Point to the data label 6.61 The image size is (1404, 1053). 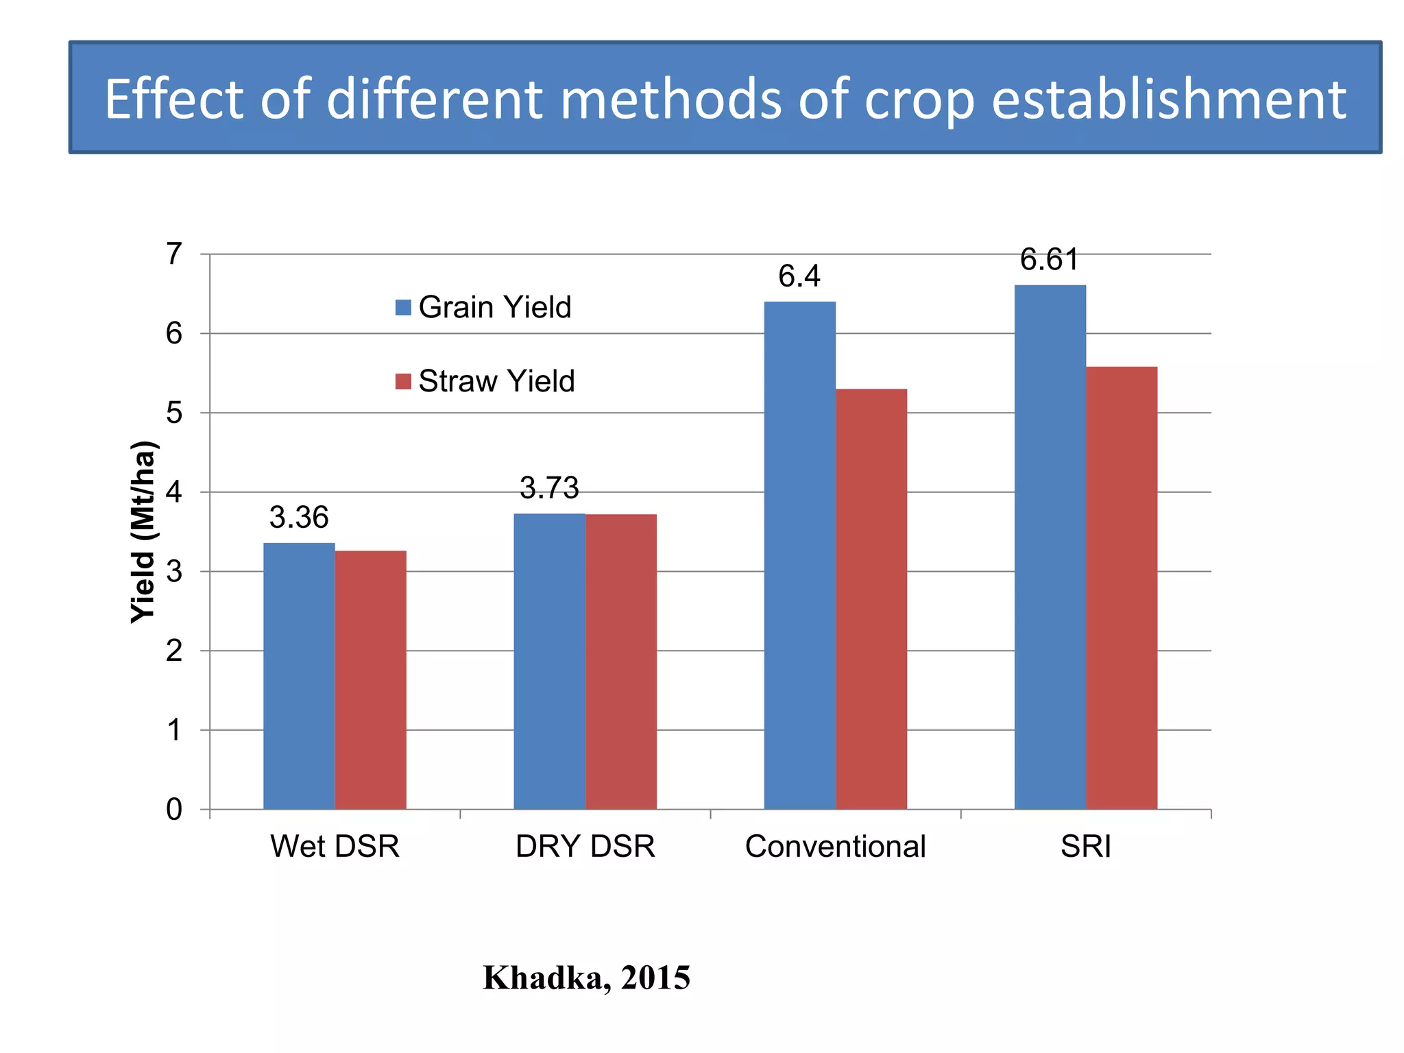pyautogui.click(x=1049, y=260)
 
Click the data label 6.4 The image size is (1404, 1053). pyautogui.click(x=799, y=276)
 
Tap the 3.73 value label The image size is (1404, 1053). pyautogui.click(x=549, y=488)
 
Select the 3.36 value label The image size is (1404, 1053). pyautogui.click(x=299, y=518)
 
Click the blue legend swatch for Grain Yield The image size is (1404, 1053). pyautogui.click(x=403, y=307)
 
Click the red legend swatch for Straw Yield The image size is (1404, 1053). pyautogui.click(x=403, y=381)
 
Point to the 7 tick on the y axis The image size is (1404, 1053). pyautogui.click(x=174, y=254)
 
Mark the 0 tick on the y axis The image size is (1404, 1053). pyautogui.click(x=174, y=810)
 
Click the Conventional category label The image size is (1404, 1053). pyautogui.click(x=835, y=847)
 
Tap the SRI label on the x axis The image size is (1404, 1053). pyautogui.click(x=1085, y=847)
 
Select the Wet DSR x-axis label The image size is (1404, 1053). pyautogui.click(x=335, y=847)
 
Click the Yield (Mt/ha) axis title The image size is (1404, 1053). pyautogui.click(x=144, y=532)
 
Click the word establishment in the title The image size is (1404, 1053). pyautogui.click(x=1168, y=99)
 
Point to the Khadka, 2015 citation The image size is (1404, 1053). pyautogui.click(x=586, y=978)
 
